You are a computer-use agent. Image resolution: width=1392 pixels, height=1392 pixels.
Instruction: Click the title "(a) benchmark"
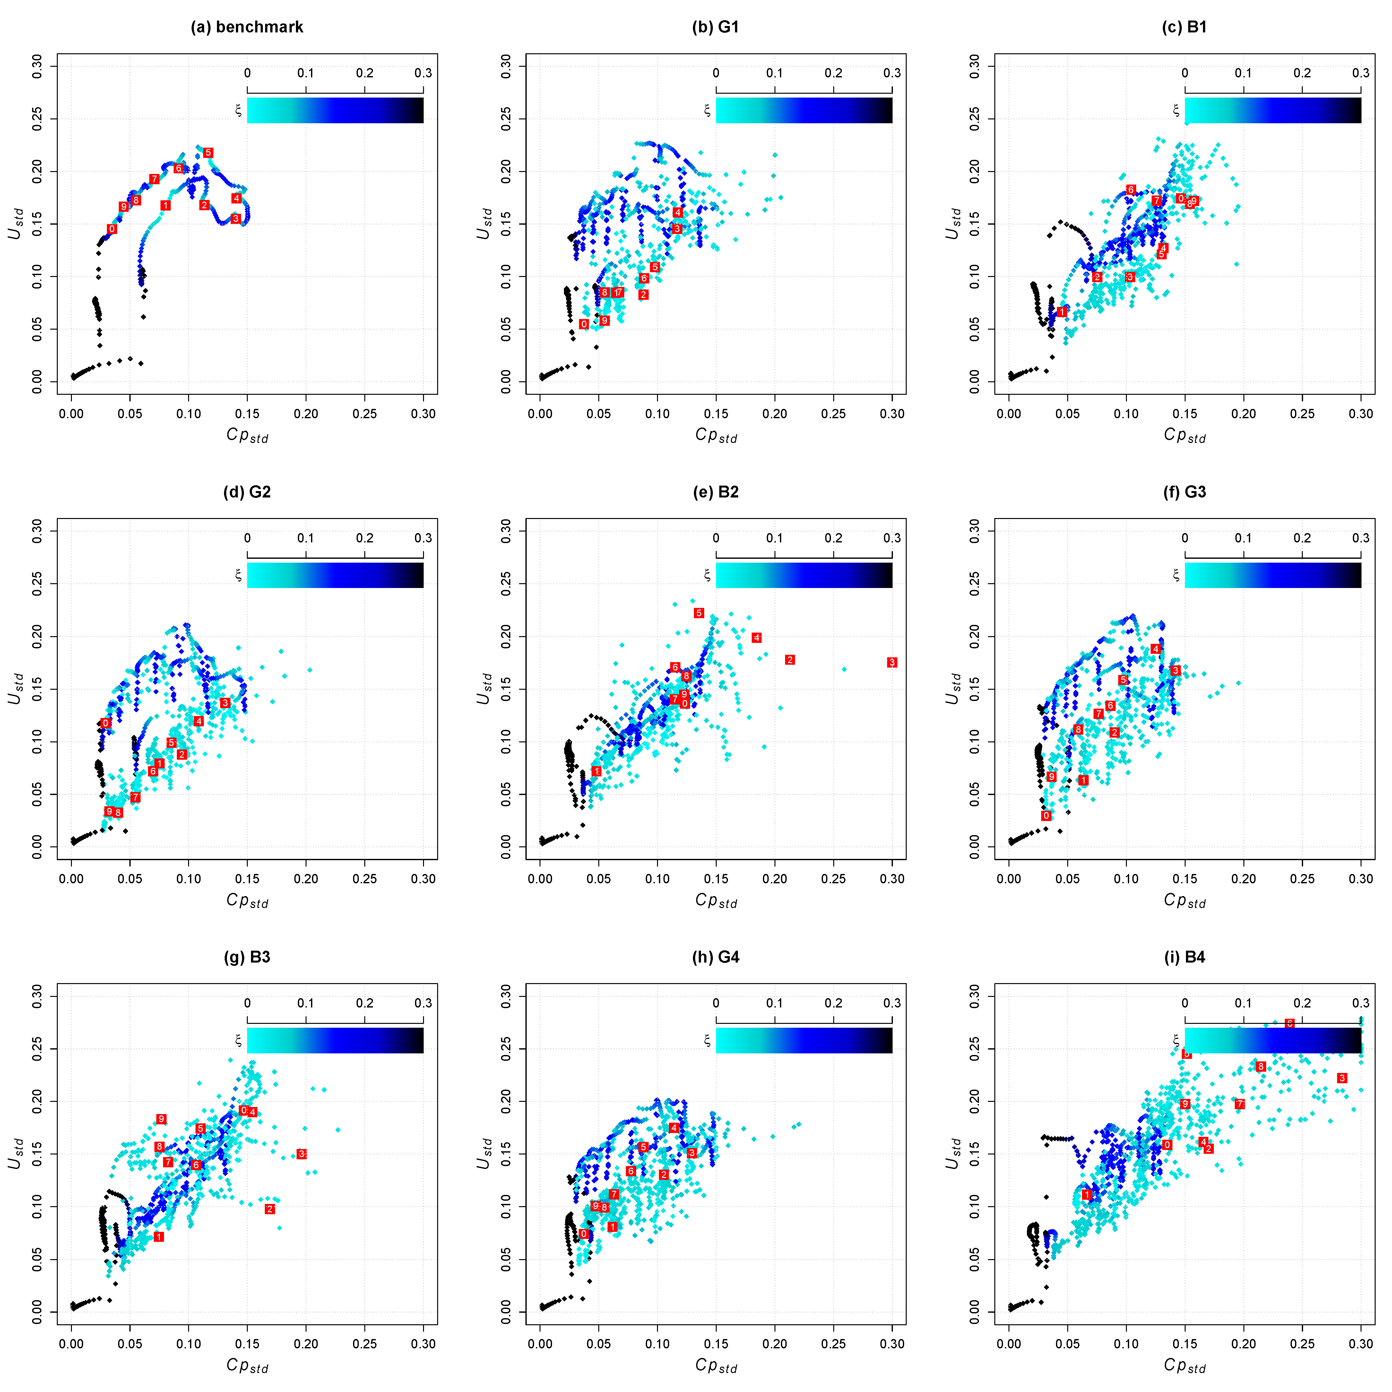(246, 27)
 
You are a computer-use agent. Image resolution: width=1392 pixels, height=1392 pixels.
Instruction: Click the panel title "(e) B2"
(715, 492)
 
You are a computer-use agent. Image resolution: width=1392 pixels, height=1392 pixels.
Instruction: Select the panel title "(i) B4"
(1184, 957)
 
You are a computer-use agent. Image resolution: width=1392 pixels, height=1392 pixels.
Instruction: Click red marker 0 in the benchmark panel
(112, 229)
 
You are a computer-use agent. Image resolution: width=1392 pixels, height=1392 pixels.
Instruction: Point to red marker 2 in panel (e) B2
(790, 660)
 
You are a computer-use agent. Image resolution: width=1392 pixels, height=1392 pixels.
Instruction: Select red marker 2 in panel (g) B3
(270, 1209)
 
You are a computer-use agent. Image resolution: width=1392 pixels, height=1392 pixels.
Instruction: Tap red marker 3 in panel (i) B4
(1342, 1078)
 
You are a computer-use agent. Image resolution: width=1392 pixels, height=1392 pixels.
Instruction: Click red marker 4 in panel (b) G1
(677, 212)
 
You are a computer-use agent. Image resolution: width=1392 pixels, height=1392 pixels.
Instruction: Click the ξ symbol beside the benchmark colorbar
(238, 110)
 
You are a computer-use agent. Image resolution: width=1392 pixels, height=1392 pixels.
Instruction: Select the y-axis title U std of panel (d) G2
(16, 689)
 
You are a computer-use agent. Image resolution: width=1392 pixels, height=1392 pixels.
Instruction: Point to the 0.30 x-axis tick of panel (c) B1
(1360, 414)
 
